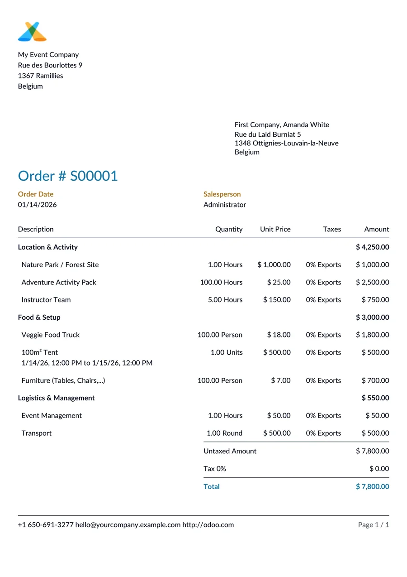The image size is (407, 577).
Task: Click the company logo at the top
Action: click(32, 31)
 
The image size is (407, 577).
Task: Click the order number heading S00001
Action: click(68, 176)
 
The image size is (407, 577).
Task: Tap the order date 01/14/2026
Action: click(38, 205)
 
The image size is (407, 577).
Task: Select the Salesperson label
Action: click(222, 194)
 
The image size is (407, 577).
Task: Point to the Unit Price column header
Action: click(275, 229)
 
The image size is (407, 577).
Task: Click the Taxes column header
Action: click(332, 229)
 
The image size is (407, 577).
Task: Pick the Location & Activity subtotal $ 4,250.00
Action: click(372, 247)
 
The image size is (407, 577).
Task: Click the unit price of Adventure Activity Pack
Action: click(279, 282)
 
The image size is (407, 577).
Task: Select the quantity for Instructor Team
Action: click(225, 300)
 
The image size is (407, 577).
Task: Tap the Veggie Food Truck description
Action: click(50, 335)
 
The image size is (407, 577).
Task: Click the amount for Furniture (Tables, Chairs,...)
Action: click(375, 380)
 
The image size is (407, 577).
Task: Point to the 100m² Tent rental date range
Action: click(87, 363)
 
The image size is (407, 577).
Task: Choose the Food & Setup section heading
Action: click(39, 317)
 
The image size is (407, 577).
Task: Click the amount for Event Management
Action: click(377, 415)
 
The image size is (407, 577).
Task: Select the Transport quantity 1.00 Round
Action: click(224, 433)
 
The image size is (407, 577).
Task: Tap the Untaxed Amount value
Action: click(372, 451)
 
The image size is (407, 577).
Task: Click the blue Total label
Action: click(212, 486)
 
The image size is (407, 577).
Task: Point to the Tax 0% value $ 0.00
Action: click(379, 469)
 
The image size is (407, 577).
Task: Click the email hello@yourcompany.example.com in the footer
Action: click(128, 525)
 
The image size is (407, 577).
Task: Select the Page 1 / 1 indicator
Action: click(374, 525)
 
